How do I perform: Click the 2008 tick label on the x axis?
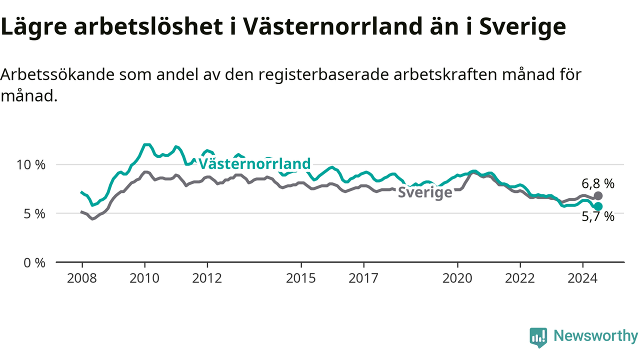(x=82, y=278)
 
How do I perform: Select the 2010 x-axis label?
(x=144, y=278)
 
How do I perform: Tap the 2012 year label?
(x=207, y=278)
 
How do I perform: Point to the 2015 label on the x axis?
(x=301, y=278)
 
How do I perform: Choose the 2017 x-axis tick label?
(x=363, y=278)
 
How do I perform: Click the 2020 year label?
(x=457, y=278)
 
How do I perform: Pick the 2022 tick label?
(x=520, y=278)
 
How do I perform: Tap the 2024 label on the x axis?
(x=583, y=278)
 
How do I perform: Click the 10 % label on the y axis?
(x=31, y=165)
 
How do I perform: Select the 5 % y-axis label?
(x=34, y=214)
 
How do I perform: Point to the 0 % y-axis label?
(x=34, y=263)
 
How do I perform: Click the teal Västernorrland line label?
(x=254, y=163)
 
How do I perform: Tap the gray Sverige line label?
(x=425, y=192)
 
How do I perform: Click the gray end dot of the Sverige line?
(x=598, y=196)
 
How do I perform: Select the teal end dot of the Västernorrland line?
(x=598, y=206)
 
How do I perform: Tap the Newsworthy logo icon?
(x=538, y=337)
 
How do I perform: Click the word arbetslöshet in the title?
(x=148, y=26)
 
